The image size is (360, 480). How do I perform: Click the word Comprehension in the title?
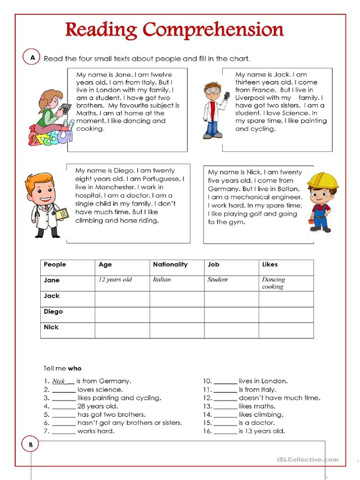click(213, 30)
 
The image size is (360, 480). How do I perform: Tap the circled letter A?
click(32, 57)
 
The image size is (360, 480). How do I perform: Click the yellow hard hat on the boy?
click(322, 180)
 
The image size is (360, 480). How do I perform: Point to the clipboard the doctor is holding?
click(61, 214)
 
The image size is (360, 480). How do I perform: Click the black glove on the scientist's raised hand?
click(227, 96)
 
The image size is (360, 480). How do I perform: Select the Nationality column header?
click(170, 265)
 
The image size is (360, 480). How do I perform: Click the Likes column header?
click(270, 265)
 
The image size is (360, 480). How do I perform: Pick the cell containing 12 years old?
click(115, 280)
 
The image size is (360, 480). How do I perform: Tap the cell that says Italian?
click(162, 280)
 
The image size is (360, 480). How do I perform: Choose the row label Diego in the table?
click(53, 312)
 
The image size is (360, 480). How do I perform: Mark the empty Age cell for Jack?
click(122, 299)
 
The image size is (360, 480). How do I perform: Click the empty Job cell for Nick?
click(231, 330)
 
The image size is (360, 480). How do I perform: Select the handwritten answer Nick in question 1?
click(59, 381)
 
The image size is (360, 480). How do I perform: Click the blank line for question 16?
click(225, 431)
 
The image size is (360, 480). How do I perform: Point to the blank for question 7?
click(64, 431)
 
